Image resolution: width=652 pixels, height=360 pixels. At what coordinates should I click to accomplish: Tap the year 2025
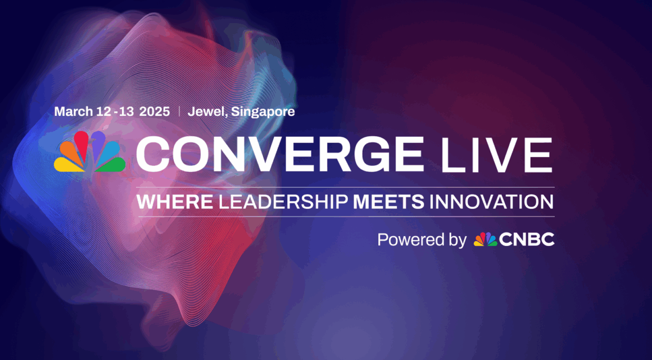click(155, 111)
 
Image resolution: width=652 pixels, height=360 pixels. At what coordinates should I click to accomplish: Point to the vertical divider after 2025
click(179, 111)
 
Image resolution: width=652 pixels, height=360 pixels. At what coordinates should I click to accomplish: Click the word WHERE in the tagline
click(175, 202)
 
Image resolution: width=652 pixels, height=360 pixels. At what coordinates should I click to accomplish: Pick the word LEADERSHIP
click(283, 202)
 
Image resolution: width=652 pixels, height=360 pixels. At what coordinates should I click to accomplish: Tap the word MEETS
click(388, 202)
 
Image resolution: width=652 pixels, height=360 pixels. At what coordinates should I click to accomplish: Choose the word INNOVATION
click(491, 202)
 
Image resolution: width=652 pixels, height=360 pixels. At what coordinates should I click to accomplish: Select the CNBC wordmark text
click(527, 239)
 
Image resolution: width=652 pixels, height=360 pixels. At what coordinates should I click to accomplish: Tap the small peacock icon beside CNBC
click(485, 239)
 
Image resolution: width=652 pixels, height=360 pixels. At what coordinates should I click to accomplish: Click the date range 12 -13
click(116, 111)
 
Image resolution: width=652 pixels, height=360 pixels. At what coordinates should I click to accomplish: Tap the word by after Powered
click(456, 240)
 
